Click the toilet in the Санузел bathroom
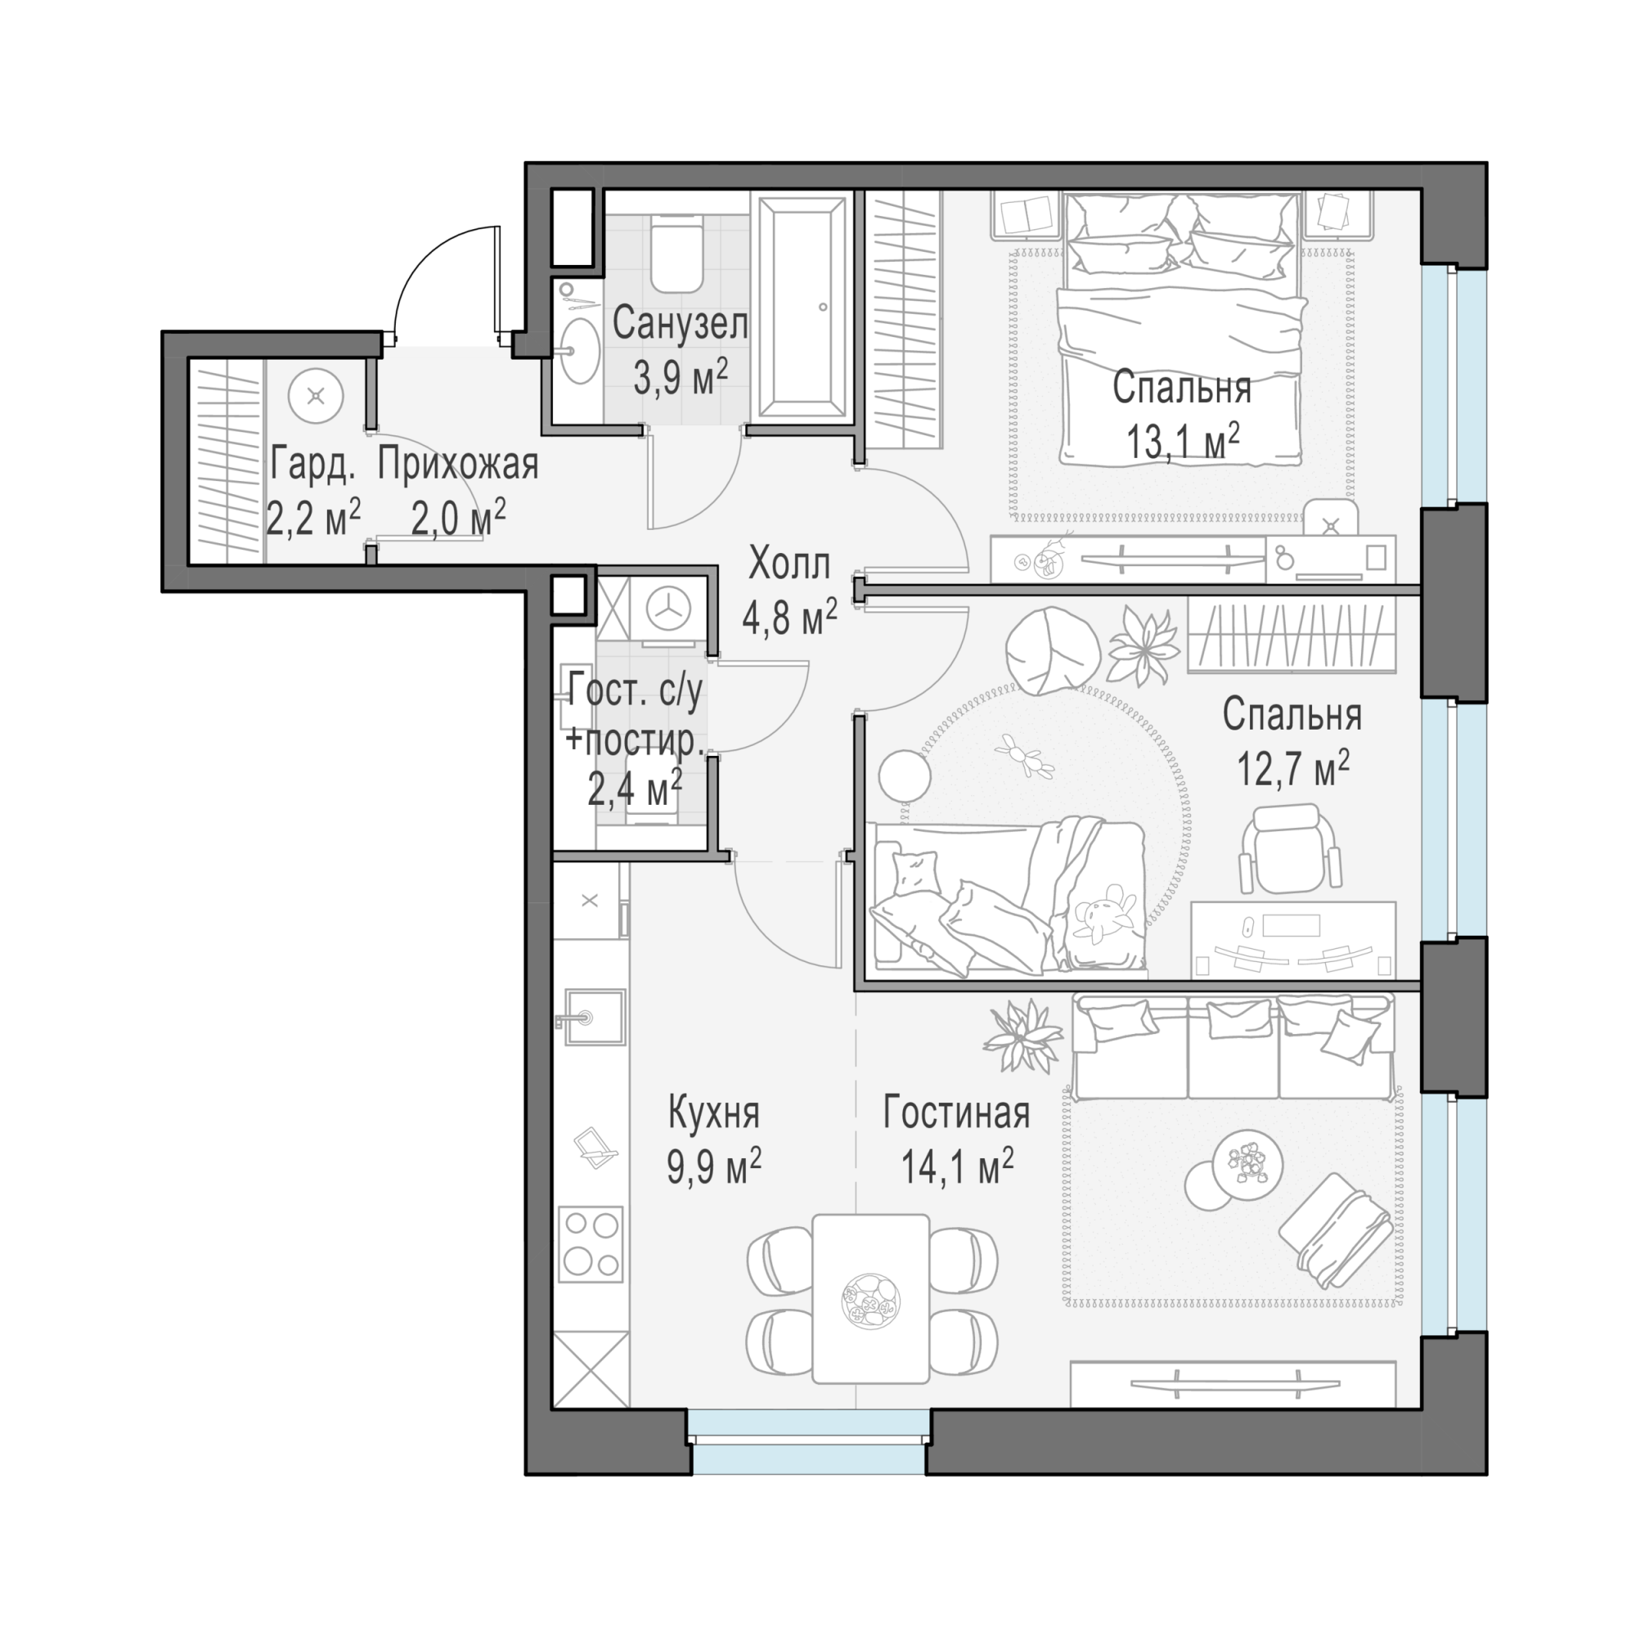(676, 254)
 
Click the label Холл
(789, 565)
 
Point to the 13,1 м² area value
(1182, 441)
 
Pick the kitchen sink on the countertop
(592, 1016)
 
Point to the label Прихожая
(458, 465)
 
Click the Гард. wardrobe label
(312, 466)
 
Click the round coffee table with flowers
(1247, 1165)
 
